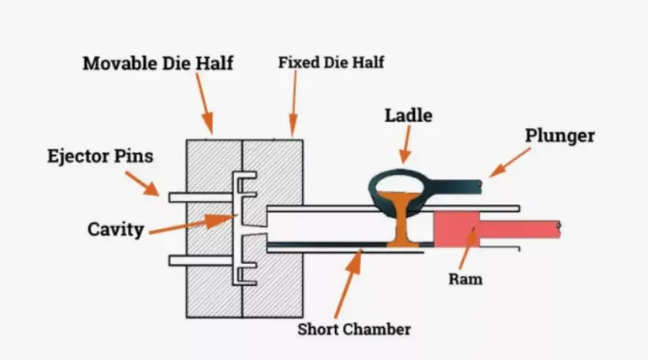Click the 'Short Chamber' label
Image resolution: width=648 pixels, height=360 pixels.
(354, 328)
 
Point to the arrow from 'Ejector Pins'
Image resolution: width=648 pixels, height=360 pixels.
(142, 183)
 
